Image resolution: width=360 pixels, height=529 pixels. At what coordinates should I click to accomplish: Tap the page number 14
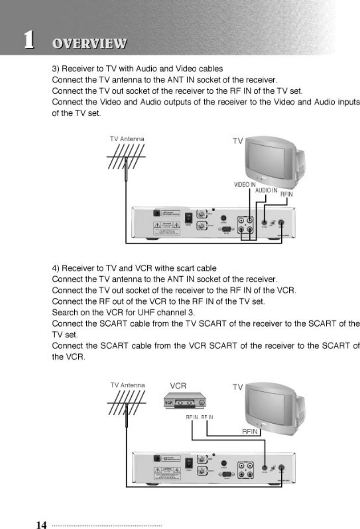coord(42,525)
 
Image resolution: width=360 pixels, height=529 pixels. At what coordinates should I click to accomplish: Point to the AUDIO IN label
coord(266,190)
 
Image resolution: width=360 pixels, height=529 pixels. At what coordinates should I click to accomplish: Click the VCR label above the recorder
coord(178,385)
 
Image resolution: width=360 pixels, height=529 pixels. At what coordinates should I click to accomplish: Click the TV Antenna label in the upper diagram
coord(127,139)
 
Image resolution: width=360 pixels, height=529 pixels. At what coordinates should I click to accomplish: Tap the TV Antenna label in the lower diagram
coord(127,385)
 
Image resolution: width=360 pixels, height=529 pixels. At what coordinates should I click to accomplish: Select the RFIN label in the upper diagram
coord(287,193)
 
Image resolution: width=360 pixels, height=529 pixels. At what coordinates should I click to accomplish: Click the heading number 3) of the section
coord(56,69)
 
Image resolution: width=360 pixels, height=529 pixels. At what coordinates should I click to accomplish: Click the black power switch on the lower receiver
coord(189,463)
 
